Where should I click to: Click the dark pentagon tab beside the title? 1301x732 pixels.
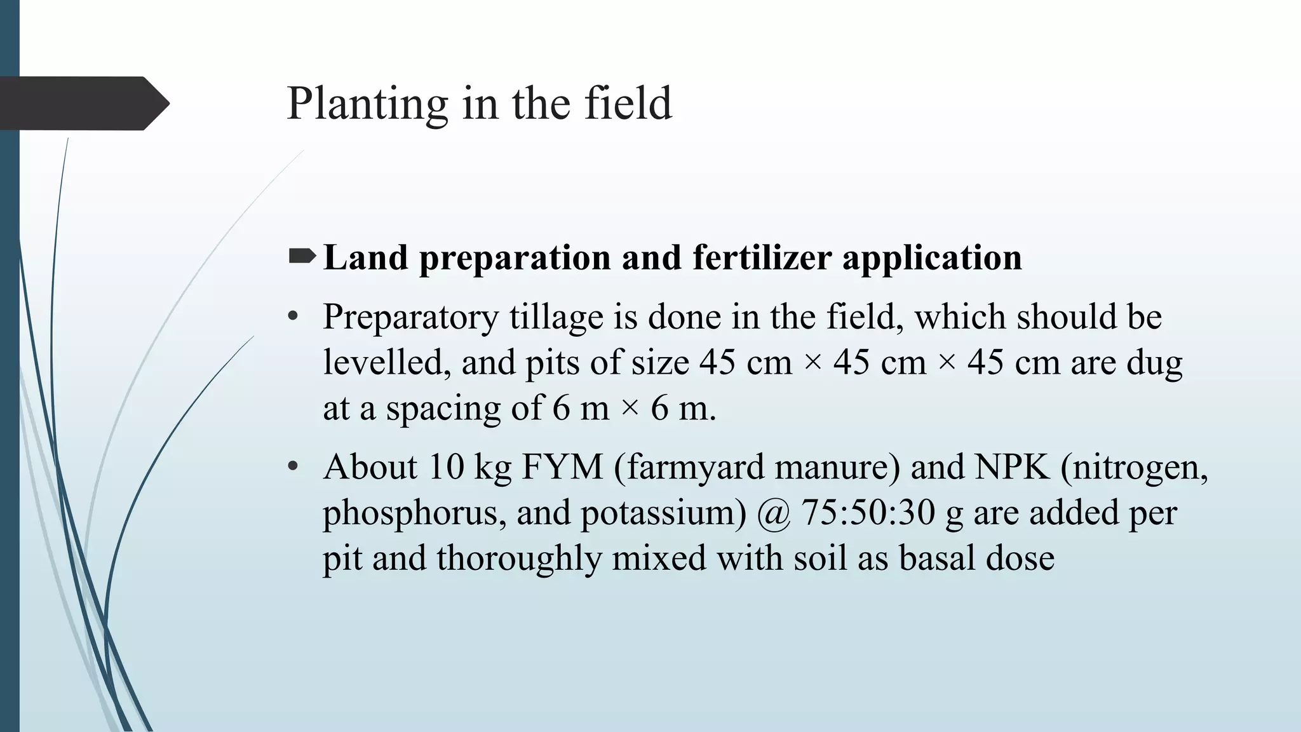(x=83, y=103)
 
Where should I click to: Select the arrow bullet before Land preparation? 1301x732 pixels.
(x=302, y=257)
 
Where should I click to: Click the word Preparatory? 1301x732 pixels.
(x=410, y=318)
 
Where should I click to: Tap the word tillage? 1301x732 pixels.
(x=556, y=318)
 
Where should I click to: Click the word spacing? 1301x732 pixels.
(x=443, y=409)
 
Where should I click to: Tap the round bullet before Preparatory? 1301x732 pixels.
(x=293, y=316)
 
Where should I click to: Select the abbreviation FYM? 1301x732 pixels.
(x=562, y=467)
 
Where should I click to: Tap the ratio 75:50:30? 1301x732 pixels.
(x=868, y=512)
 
